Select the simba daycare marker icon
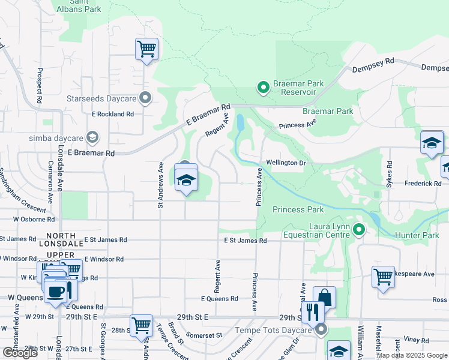coord(92,138)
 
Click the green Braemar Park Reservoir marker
coord(263,88)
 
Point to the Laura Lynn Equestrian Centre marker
coord(359,229)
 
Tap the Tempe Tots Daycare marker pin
coord(322,329)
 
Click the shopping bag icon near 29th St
coord(324,298)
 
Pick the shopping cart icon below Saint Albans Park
coord(146,48)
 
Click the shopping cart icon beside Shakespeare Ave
coord(383,277)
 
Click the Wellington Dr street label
coord(286,163)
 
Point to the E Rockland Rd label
coord(113,113)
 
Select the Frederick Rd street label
coord(423,182)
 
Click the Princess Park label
coord(298,209)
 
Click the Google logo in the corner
coord(20,353)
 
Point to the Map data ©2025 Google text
coord(411,355)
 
